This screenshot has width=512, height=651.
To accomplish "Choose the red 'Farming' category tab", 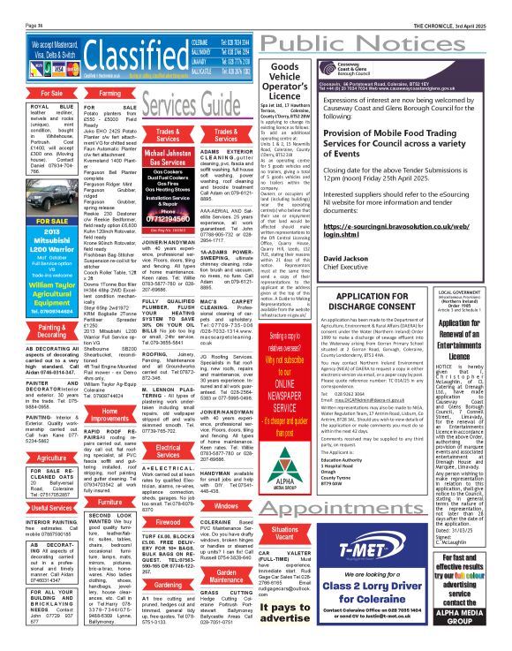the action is point(110,92).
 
